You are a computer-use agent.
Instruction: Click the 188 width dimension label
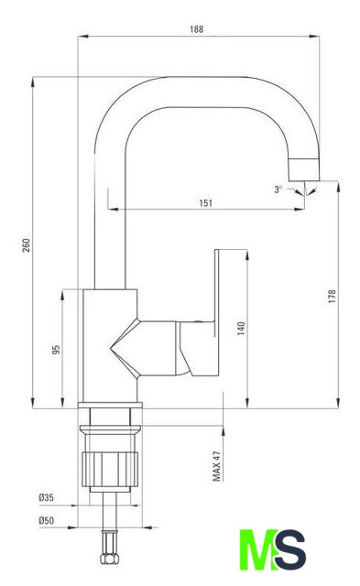tap(197, 29)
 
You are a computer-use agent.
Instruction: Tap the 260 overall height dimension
tap(27, 244)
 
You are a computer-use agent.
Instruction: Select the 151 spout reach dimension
tap(205, 203)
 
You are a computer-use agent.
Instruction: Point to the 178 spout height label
tap(332, 296)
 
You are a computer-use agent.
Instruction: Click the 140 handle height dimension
tap(241, 328)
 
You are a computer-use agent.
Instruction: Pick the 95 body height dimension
tap(56, 350)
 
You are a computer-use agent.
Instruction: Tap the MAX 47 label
tap(217, 466)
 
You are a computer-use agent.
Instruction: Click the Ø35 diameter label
tap(47, 497)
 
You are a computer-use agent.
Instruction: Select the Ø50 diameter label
tap(47, 520)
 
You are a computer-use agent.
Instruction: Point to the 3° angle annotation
tap(278, 190)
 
